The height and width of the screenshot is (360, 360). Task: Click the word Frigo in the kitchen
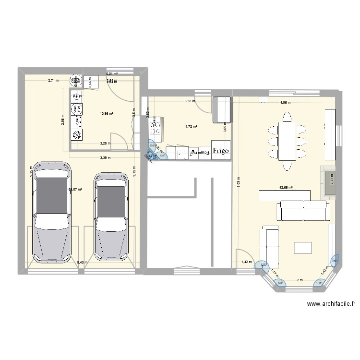[221, 150]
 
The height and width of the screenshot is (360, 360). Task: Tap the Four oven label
[205, 153]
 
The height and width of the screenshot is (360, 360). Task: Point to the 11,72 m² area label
[191, 127]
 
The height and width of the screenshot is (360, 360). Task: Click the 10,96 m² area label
[106, 114]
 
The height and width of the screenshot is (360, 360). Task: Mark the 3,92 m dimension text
[191, 101]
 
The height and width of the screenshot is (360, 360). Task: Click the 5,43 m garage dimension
[83, 262]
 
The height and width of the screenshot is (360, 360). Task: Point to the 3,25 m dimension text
[105, 143]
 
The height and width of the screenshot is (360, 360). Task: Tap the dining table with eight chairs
[287, 142]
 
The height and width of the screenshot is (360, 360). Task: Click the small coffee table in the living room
[303, 248]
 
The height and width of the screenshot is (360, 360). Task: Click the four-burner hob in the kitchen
[156, 128]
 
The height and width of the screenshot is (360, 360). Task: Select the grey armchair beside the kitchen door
[222, 109]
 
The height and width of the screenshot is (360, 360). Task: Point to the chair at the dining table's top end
[287, 117]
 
